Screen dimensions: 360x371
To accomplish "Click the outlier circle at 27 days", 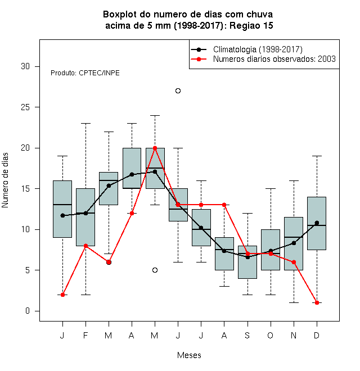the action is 178,91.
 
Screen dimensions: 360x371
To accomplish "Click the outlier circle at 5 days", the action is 155,270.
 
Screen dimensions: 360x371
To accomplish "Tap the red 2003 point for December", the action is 317,302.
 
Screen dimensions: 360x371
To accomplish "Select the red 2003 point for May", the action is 155,148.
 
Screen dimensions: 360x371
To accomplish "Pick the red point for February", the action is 85,246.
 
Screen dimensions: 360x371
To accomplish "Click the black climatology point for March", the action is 109,185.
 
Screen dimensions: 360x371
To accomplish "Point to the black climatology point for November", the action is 294,243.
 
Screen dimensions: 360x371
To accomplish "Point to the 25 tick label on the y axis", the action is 25,107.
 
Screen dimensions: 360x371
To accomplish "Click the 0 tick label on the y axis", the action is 28,311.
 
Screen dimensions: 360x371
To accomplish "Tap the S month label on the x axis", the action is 247,335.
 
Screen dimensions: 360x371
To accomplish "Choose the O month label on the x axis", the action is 270,335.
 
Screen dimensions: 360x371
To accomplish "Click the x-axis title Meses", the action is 189,355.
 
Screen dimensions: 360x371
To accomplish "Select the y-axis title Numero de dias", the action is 5,180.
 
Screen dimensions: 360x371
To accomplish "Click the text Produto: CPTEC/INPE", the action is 85,73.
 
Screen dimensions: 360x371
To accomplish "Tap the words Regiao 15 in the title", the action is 251,25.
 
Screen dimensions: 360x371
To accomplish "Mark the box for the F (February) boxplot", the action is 85,217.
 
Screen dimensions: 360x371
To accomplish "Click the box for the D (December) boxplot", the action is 317,223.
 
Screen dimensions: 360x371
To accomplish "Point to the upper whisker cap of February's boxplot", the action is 85,123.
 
